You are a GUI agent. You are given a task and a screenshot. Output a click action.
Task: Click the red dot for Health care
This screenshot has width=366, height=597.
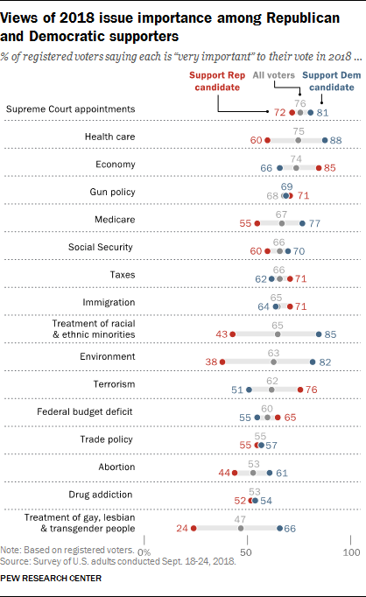point(268,140)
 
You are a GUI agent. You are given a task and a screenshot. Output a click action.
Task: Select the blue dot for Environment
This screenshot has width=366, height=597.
point(313,362)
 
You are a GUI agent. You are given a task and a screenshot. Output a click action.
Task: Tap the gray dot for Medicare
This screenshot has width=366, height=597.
point(282,223)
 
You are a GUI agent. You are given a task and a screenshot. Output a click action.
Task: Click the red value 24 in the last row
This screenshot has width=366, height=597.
point(182,528)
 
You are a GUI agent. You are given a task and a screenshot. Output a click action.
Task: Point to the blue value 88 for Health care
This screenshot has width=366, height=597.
point(334,140)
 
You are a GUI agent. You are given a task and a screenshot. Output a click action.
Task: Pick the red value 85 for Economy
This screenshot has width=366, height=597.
point(329,167)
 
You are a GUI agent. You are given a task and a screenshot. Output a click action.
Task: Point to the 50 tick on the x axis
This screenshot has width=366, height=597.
point(248,552)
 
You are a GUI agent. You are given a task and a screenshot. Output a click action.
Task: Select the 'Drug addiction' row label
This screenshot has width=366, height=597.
point(104,495)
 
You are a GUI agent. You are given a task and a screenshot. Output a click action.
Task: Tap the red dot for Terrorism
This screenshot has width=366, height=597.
point(300,390)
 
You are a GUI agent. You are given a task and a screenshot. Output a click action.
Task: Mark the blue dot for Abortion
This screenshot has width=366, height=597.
point(270,473)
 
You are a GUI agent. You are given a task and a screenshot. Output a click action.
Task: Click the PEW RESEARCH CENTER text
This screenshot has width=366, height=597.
point(51,579)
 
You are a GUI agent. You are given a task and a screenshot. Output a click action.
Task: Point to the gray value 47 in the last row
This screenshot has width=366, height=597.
point(241,518)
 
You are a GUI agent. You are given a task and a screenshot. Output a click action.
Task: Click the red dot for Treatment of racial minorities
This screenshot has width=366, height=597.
point(233,334)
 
